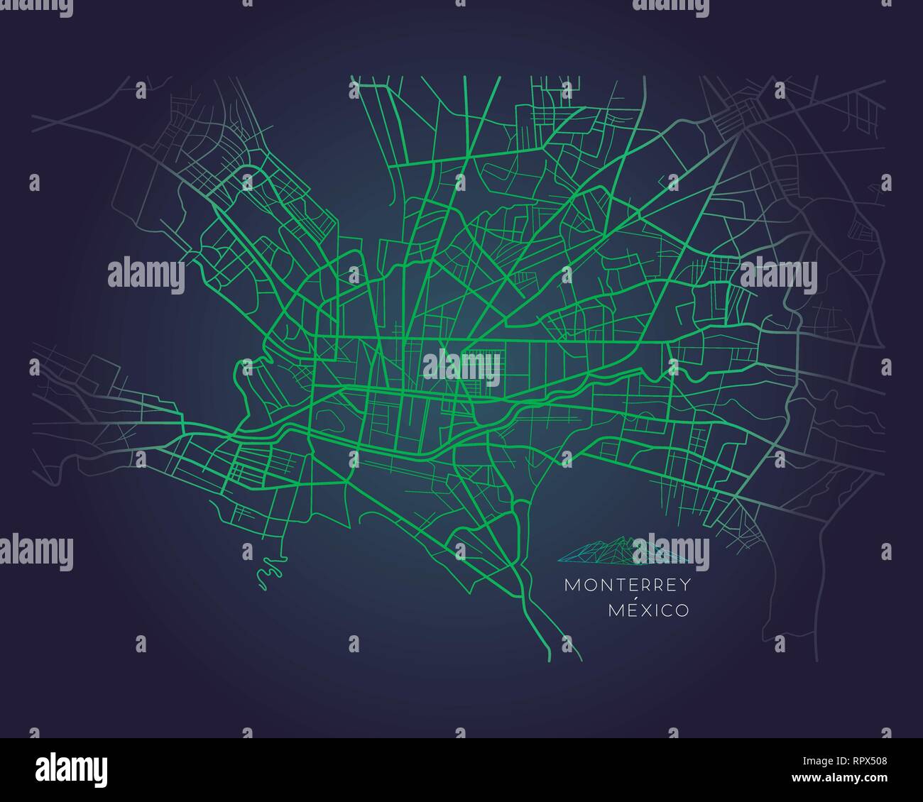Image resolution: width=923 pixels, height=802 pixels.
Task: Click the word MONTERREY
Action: (x=628, y=586)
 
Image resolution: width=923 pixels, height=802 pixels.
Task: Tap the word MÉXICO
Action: (x=648, y=610)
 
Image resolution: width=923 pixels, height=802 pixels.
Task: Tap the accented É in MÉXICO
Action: (x=630, y=610)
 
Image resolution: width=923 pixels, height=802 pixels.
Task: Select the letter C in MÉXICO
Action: (x=666, y=610)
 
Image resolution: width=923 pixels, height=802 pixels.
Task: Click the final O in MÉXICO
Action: (x=682, y=610)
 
